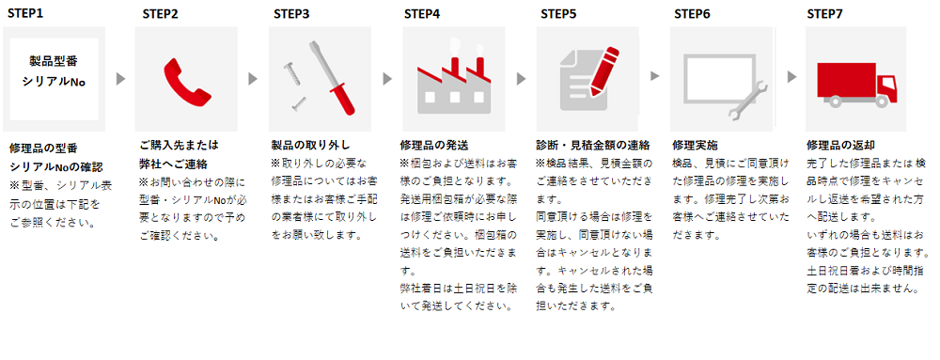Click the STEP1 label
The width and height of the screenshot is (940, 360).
click(25, 12)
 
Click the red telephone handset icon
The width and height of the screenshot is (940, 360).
click(187, 81)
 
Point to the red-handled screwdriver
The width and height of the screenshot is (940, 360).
click(332, 77)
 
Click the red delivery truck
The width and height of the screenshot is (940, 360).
click(856, 84)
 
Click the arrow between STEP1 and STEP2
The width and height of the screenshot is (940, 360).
click(120, 78)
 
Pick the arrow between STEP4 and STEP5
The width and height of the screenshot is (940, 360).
click(521, 78)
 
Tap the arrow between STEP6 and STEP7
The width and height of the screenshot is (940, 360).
click(791, 77)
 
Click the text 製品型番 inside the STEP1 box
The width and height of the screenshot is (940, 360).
click(54, 61)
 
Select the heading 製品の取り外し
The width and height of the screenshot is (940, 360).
click(310, 145)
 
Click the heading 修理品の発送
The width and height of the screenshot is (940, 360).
click(434, 145)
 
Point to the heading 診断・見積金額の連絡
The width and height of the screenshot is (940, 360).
click(592, 145)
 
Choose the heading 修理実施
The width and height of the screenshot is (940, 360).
click(695, 145)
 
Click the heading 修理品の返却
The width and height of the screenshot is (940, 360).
click(840, 145)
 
